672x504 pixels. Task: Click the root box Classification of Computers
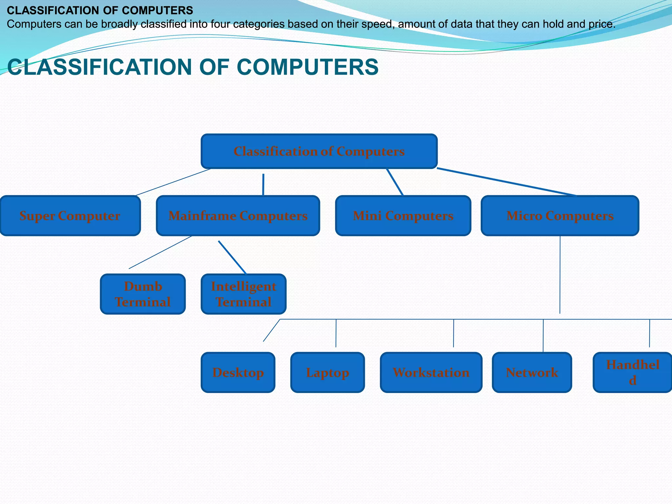pos(319,151)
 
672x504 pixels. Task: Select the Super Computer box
pos(70,216)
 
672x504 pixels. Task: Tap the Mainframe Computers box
pos(238,216)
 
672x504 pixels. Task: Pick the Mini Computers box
pos(403,216)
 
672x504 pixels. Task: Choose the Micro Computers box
pos(560,216)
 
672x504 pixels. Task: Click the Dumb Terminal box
pos(143,294)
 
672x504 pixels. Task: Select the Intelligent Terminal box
pos(243,294)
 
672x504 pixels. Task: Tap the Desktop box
pos(238,372)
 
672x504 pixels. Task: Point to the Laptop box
pos(327,372)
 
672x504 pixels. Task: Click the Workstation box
pos(431,372)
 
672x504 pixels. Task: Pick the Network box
pos(532,372)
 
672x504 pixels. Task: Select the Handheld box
pos(633,372)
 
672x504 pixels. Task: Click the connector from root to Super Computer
pos(173,182)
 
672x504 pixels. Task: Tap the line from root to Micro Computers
pos(507,182)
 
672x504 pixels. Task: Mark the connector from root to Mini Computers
pos(395,182)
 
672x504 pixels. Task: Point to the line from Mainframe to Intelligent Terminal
pos(232,257)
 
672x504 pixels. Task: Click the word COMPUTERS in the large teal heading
pos(307,67)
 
